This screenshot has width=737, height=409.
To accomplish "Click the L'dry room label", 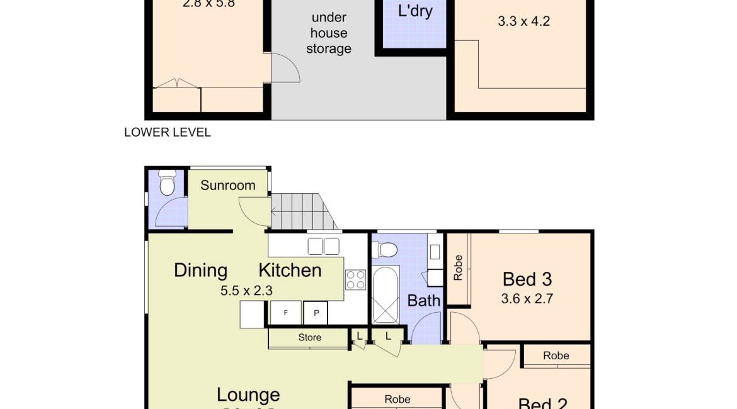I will (415, 11).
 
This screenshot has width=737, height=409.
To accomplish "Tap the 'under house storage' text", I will (328, 33).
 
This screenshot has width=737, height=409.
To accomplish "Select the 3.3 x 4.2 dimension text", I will (523, 21).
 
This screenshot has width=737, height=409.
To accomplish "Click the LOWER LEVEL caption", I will (168, 132).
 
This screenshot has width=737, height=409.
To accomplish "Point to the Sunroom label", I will (228, 185).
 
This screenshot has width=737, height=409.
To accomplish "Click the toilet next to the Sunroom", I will (167, 184).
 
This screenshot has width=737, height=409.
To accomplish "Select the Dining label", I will (200, 271).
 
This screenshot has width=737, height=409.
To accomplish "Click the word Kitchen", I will (290, 271).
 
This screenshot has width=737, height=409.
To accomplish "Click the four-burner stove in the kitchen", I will (355, 279).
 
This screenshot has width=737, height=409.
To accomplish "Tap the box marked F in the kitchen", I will (285, 313).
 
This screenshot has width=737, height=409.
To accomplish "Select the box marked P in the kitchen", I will (316, 313).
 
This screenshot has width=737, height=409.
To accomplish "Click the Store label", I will (309, 337).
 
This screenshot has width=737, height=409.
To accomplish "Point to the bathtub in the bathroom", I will (385, 294).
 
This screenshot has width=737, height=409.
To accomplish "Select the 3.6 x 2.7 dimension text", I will (527, 299).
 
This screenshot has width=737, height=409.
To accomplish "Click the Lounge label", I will (248, 395).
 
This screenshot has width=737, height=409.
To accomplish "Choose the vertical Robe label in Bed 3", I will (458, 267).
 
